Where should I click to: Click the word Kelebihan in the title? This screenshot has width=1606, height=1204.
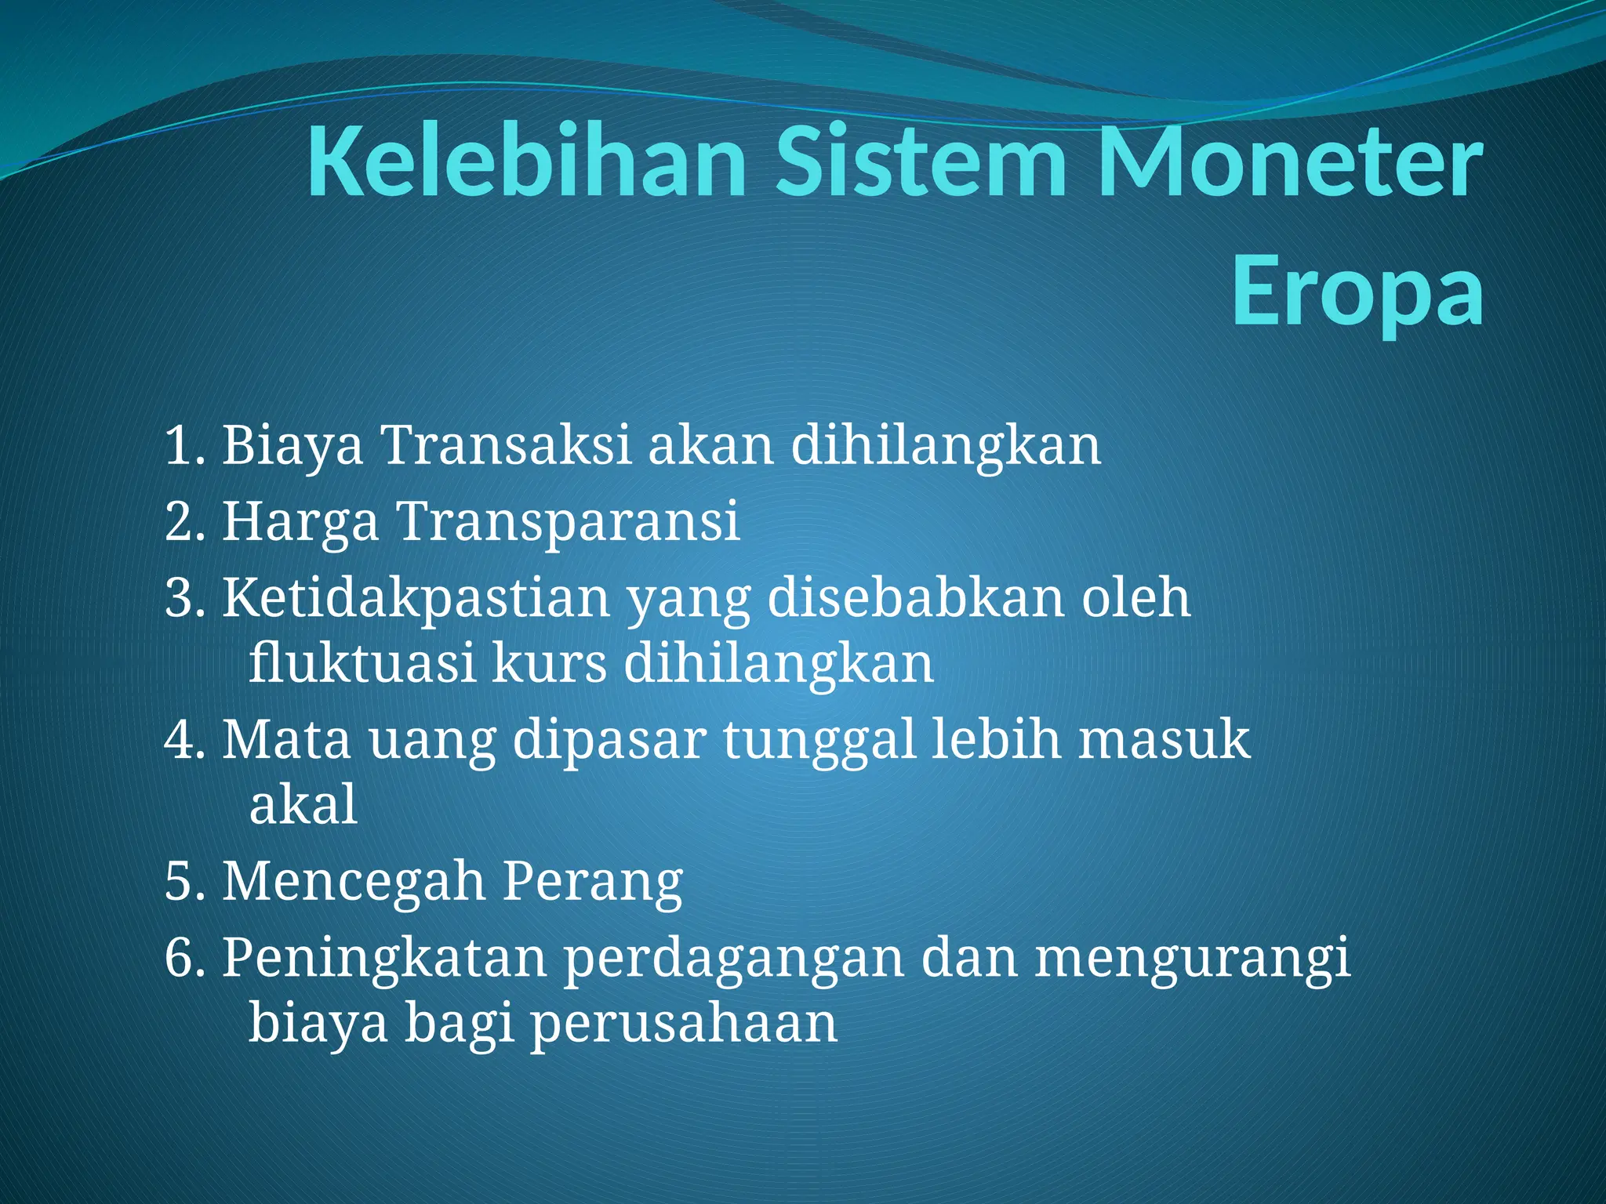[525, 163]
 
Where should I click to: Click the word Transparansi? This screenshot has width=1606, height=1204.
[569, 521]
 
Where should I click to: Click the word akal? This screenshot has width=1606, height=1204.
[303, 805]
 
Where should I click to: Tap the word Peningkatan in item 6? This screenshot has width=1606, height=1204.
[384, 959]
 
